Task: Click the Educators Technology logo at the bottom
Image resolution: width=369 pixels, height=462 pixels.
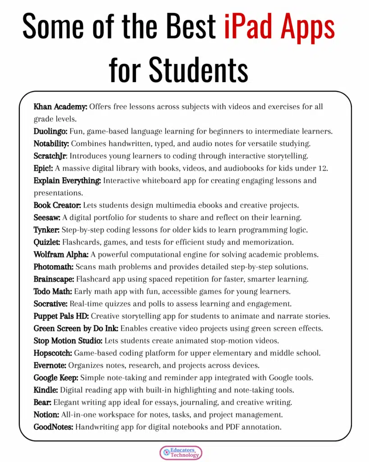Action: [x=181, y=453]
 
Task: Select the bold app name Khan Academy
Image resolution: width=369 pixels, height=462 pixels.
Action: [x=60, y=107]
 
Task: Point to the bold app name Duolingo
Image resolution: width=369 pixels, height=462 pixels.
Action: [x=50, y=131]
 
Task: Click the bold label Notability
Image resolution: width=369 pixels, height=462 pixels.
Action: [x=51, y=143]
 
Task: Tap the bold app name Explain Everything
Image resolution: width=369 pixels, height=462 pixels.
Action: [x=67, y=180]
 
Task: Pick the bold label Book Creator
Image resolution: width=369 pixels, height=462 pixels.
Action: [x=57, y=205]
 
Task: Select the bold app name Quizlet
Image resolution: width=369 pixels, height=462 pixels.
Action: [x=46, y=242]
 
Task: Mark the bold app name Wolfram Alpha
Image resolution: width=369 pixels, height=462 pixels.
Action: [x=60, y=254]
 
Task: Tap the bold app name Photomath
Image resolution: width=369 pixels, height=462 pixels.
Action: [x=53, y=266]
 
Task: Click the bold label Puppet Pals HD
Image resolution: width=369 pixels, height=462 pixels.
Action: [x=61, y=315]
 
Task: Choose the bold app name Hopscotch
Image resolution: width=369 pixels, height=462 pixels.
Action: [x=53, y=352]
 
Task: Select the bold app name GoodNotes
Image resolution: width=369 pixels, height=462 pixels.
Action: [x=53, y=426]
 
